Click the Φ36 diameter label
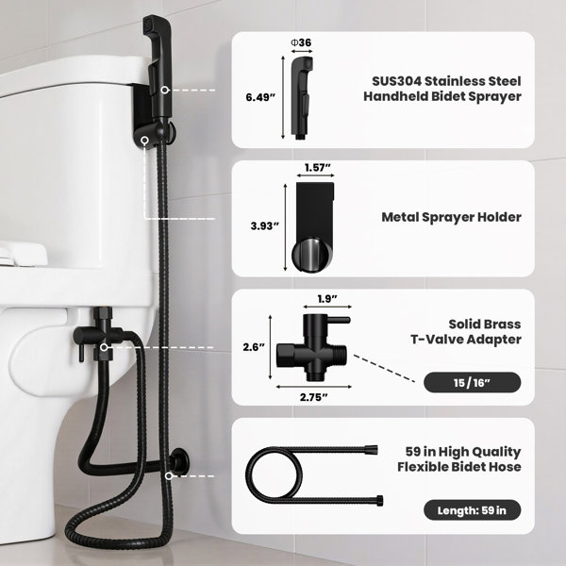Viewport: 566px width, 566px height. click(x=301, y=42)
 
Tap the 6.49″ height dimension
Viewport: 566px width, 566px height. click(x=260, y=97)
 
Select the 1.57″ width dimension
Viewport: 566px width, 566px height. click(x=318, y=168)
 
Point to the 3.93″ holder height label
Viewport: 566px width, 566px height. click(x=265, y=226)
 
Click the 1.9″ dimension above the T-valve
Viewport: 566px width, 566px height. click(x=327, y=299)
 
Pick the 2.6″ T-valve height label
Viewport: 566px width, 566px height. click(x=254, y=347)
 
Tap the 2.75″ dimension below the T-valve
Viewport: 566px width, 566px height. click(x=314, y=397)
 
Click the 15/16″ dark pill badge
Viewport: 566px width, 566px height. click(x=473, y=382)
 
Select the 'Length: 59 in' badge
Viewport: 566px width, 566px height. click(x=473, y=510)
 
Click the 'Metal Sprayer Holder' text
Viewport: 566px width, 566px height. click(x=451, y=217)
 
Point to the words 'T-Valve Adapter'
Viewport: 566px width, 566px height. click(x=466, y=340)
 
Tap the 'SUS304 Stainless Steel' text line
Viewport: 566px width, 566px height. click(x=446, y=81)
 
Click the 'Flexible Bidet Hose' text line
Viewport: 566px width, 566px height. click(x=459, y=467)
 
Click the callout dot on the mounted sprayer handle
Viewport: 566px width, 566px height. click(x=165, y=90)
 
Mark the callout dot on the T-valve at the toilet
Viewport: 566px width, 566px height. click(x=104, y=347)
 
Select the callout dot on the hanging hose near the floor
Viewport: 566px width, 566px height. click(x=169, y=476)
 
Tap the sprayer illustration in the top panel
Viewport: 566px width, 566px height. click(x=302, y=97)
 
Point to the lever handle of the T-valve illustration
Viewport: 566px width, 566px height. click(x=339, y=320)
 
